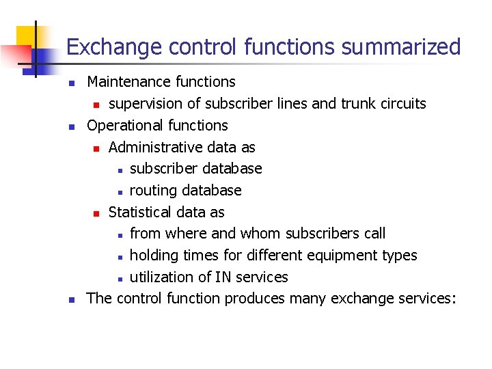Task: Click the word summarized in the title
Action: point(401,47)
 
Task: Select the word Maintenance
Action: point(120,82)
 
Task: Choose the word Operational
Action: point(124,126)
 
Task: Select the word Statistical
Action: point(140,212)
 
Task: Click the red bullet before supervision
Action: point(97,105)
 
